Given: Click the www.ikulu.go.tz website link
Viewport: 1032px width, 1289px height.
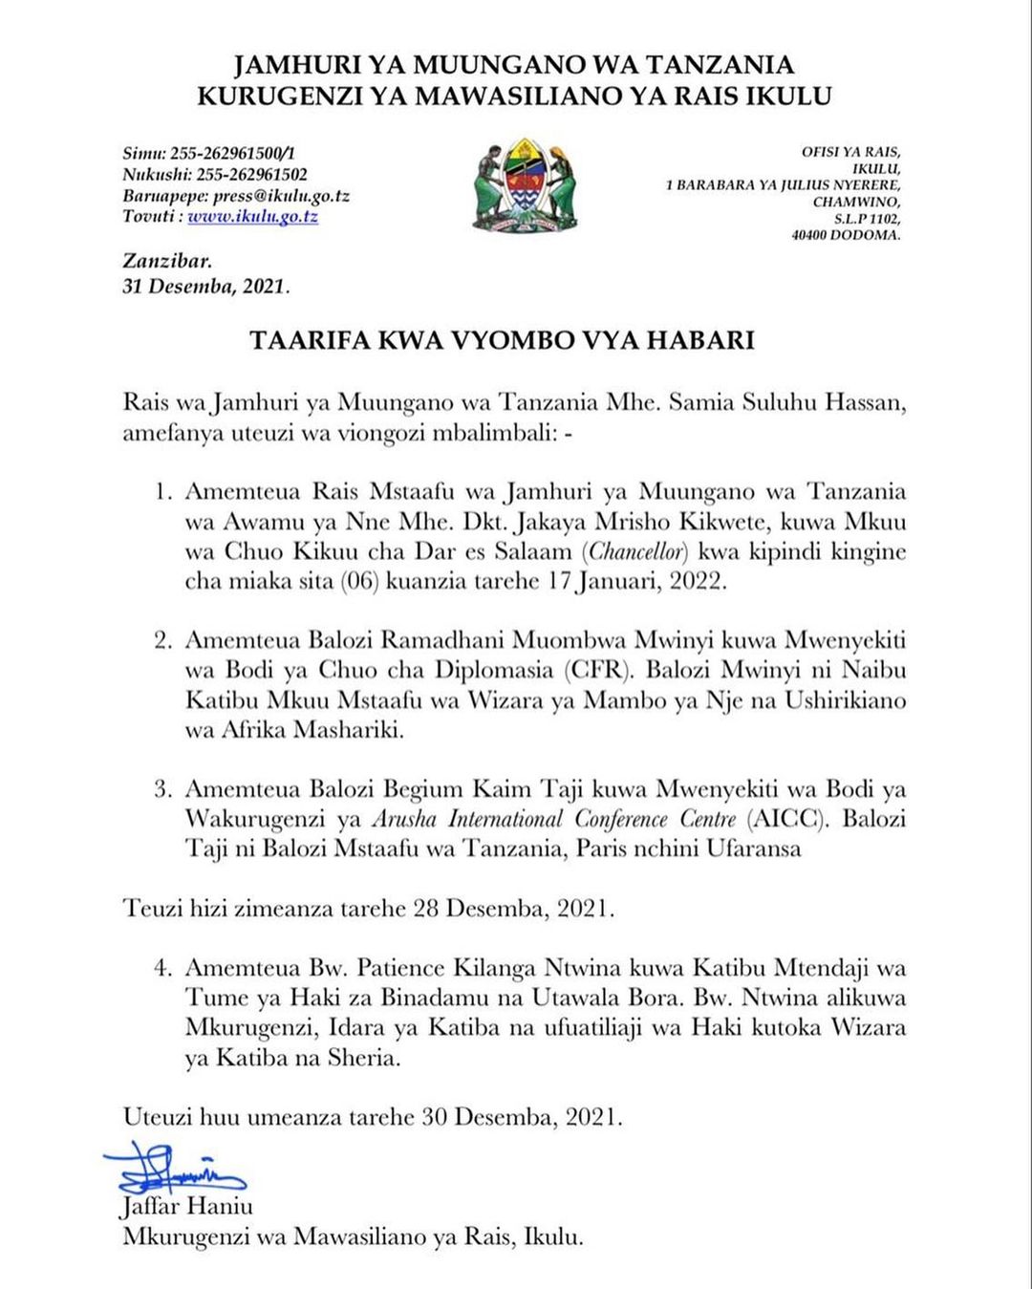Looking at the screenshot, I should pyautogui.click(x=252, y=217).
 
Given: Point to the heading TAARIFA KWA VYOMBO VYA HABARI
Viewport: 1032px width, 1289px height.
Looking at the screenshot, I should pyautogui.click(x=502, y=340).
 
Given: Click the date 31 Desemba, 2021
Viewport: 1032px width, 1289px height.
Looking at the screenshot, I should pyautogui.click(x=205, y=286).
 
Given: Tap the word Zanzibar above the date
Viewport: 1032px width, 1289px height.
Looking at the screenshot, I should pyautogui.click(x=167, y=261).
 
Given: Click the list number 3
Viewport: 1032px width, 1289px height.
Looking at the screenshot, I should pyautogui.click(x=163, y=789).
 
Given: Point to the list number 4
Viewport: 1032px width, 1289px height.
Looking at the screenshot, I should pyautogui.click(x=163, y=968).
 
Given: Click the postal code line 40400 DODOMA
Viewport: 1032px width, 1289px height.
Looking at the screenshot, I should pyautogui.click(x=846, y=235).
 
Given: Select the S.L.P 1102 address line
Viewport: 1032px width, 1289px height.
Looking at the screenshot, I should pyautogui.click(x=867, y=219).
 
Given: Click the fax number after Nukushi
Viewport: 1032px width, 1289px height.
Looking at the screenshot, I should pyautogui.click(x=252, y=175).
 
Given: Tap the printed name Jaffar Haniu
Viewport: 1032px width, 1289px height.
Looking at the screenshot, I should pyautogui.click(x=187, y=1206).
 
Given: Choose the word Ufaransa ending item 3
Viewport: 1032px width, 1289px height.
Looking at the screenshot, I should pyautogui.click(x=754, y=849).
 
